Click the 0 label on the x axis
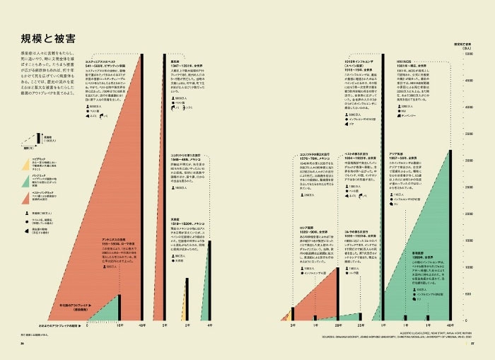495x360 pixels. pyautogui.click(x=88, y=325)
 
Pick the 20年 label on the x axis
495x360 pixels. pyautogui.click(x=339, y=325)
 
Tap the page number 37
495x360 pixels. pyautogui.click(x=479, y=344)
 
